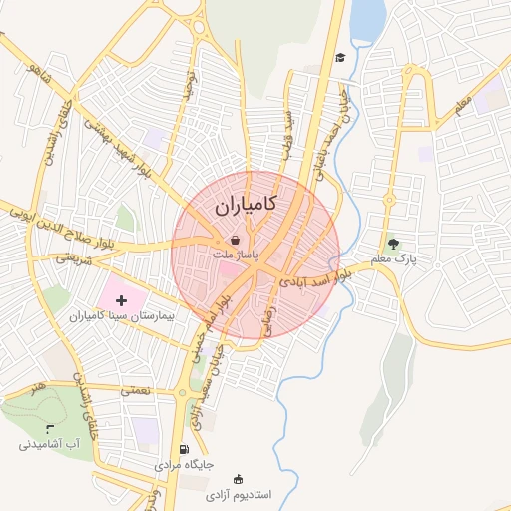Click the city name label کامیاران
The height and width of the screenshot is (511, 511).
(x=245, y=206)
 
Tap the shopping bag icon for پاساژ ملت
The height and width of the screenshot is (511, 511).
(x=234, y=241)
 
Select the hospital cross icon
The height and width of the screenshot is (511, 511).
(x=122, y=299)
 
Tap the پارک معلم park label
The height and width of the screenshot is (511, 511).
(x=392, y=259)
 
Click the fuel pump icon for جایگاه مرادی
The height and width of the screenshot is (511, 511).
(x=183, y=449)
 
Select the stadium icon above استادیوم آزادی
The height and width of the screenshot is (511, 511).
(x=238, y=479)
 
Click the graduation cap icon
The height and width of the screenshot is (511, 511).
(x=340, y=57)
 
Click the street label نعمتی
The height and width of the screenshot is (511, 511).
(x=135, y=390)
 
